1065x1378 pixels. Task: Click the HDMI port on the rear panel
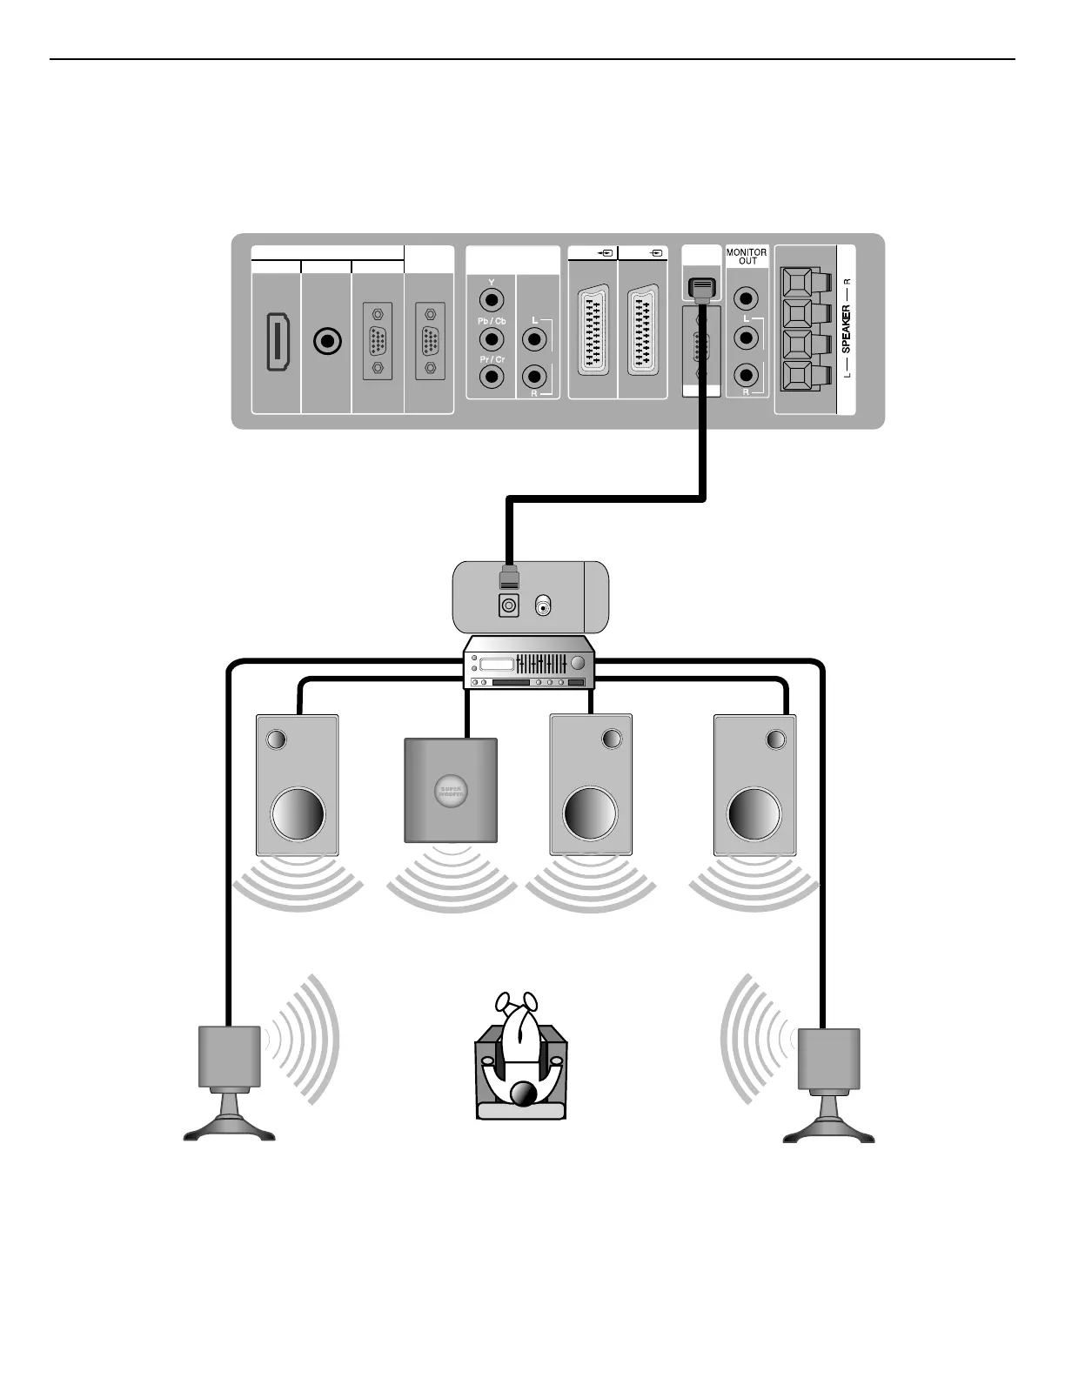278,344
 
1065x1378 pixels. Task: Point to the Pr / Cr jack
492,377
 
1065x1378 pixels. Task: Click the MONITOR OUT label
747,257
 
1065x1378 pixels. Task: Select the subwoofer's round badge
451,791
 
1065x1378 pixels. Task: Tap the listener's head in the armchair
522,1094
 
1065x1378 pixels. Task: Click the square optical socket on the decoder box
509,605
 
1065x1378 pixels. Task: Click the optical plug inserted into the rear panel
701,290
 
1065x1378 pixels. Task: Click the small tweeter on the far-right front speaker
775,739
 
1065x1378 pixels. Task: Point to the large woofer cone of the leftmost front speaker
298,814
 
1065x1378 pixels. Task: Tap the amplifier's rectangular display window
492,665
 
